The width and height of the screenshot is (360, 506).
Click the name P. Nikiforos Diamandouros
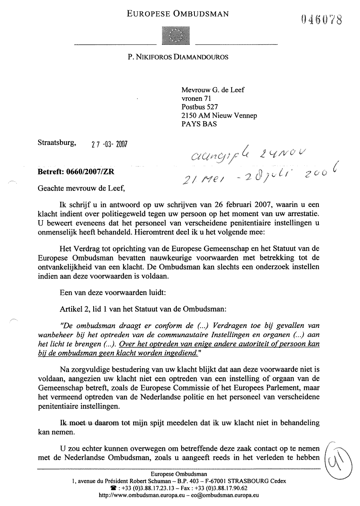[178, 57]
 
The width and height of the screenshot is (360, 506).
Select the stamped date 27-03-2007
[110, 144]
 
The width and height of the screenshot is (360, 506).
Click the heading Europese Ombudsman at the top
[178, 14]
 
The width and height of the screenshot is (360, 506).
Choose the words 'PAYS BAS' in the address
[199, 124]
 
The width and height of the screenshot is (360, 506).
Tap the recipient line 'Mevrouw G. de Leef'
[213, 90]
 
